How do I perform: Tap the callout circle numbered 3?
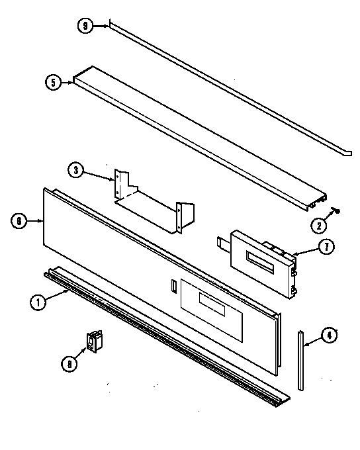click(76, 170)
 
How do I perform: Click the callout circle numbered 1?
click(38, 303)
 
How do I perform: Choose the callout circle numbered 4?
click(328, 336)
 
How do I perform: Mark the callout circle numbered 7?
click(325, 247)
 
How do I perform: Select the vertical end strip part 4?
click(301, 361)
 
